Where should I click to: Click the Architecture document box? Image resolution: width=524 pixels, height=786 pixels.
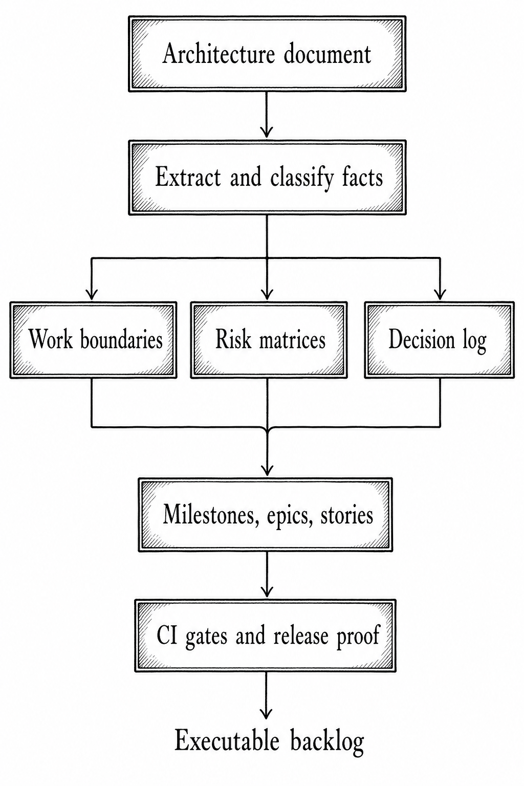(267, 54)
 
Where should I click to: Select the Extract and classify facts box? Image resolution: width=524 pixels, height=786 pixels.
(267, 178)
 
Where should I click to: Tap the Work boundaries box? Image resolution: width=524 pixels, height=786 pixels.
(93, 340)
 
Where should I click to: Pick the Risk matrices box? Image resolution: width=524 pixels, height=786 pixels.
(269, 340)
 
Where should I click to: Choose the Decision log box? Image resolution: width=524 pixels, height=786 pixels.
(439, 340)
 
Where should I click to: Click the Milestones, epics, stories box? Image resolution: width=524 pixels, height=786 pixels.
(266, 515)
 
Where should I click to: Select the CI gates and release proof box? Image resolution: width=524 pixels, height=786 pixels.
(266, 636)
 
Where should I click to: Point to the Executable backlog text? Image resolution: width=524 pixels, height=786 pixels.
(269, 741)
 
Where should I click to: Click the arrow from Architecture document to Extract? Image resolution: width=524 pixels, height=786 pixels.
(267, 116)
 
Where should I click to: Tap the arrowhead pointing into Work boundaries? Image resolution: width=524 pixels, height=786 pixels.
(92, 295)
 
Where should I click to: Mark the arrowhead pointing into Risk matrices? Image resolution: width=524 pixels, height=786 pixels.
(267, 295)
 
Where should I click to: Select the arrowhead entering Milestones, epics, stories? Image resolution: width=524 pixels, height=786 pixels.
(267, 470)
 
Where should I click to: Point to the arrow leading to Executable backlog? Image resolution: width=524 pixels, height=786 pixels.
(266, 696)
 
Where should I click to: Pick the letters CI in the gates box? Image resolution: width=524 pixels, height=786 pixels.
(167, 636)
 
